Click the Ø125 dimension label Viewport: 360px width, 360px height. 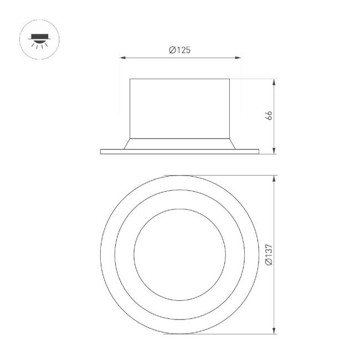click(x=179, y=50)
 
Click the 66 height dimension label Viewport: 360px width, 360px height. click(x=269, y=116)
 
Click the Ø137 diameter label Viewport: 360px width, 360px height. click(x=269, y=254)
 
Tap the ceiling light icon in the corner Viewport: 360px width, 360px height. click(x=40, y=40)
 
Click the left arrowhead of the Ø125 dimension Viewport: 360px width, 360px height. click(x=122, y=58)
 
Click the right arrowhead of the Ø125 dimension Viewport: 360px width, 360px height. click(x=239, y=58)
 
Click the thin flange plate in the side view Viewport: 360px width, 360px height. click(x=179, y=152)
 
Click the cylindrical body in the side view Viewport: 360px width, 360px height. click(x=179, y=108)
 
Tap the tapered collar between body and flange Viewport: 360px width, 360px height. click(x=179, y=143)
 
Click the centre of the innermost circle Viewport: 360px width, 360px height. click(x=179, y=255)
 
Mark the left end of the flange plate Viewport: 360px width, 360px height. click(x=101, y=152)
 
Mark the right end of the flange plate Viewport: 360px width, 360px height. click(x=258, y=152)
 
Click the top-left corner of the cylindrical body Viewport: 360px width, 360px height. click(x=130, y=79)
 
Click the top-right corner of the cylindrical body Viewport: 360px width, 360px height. click(x=230, y=79)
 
